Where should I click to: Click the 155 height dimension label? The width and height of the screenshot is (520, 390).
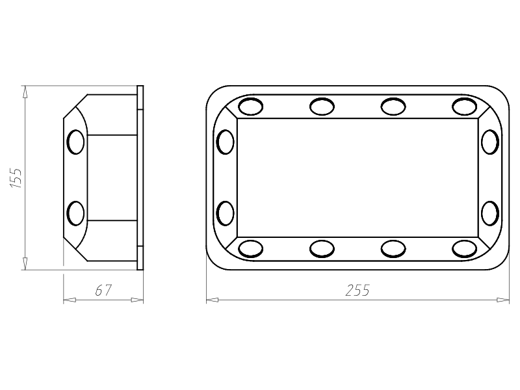(16, 178)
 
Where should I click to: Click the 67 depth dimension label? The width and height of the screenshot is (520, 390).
(103, 290)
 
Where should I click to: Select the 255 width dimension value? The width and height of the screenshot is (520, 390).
(357, 290)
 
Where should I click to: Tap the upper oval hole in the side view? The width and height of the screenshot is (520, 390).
(75, 142)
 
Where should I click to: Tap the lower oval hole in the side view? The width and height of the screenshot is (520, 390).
(75, 213)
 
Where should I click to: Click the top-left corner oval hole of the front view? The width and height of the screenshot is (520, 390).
(251, 107)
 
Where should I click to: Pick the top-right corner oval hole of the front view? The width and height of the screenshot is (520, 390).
(464, 107)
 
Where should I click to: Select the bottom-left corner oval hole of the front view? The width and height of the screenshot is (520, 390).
(251, 249)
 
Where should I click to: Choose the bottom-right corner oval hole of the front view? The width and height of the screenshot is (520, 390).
(464, 249)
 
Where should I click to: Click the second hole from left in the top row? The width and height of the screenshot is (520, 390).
(322, 107)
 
